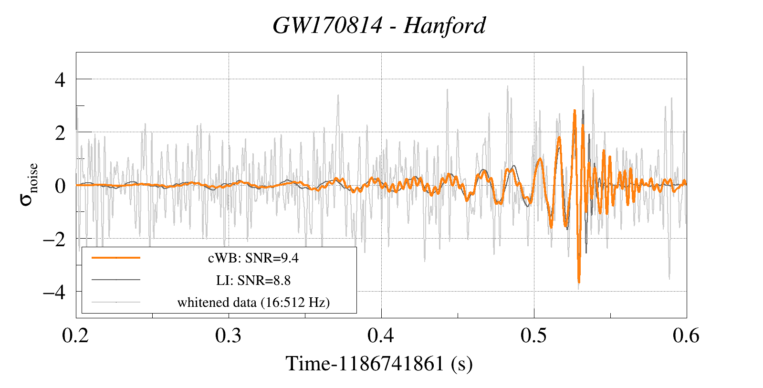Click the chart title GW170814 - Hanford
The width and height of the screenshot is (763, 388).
pos(379,26)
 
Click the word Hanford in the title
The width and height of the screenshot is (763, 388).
pos(444,26)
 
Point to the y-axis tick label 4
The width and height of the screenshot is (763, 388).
pos(60,80)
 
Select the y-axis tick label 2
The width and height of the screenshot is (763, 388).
pos(60,133)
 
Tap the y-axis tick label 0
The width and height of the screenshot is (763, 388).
pos(60,186)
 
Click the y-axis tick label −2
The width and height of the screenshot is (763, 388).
pos(54,239)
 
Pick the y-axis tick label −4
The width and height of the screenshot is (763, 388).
pos(54,292)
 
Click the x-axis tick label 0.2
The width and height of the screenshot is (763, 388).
pos(76,336)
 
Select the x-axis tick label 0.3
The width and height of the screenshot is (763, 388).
pos(229,336)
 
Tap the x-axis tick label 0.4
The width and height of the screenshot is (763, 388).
pos(381,336)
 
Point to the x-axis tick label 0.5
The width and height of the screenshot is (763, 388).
pos(534,336)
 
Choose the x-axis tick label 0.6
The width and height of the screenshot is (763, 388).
pos(686,336)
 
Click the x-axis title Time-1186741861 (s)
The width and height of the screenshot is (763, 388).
pos(379,364)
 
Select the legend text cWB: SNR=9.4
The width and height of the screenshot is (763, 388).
pos(253,258)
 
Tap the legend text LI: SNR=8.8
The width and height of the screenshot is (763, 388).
pos(253,280)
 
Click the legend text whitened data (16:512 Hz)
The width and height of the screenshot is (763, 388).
pos(253,302)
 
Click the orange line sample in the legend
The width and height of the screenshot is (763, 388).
pos(116,258)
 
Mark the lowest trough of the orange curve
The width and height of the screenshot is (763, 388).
pos(579,282)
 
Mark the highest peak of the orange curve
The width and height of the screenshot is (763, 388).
pos(575,111)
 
